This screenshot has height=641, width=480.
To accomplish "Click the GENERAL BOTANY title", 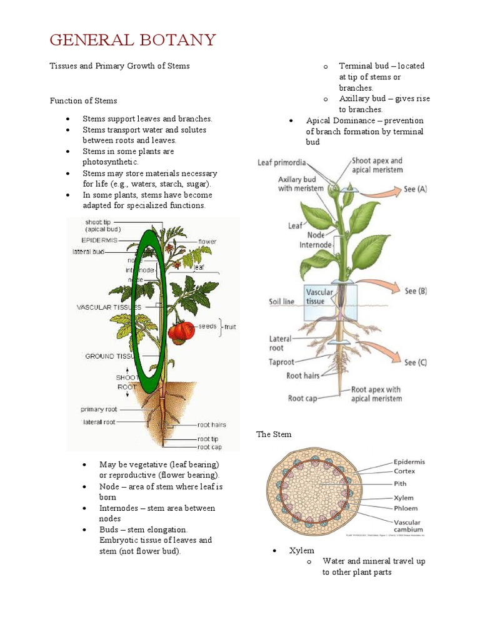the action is pos(132,41).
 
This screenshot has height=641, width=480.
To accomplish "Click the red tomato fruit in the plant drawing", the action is pos(182,332).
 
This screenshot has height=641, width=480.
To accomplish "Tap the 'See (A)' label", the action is pos(416,188).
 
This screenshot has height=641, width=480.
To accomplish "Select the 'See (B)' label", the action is pos(416,290).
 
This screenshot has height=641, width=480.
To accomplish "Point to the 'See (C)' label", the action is pos(416,362).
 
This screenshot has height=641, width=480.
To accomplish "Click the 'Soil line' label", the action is pos(281,301).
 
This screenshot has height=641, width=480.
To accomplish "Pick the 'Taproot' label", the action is pos(281,362).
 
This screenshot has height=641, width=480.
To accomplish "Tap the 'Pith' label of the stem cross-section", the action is pos(400,483).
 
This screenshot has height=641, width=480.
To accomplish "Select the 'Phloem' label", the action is pos(406,508).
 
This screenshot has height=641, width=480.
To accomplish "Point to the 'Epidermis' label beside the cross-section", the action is pos(409,462).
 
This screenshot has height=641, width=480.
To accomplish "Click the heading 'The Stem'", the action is pos(274,434).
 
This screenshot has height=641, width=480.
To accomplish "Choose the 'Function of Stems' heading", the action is pos(83,100).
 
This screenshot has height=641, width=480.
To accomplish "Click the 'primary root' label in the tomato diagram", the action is pos(99,409).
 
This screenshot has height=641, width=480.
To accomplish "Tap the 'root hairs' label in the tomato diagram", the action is pos(212,424).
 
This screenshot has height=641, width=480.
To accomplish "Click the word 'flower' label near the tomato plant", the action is pos(207,241).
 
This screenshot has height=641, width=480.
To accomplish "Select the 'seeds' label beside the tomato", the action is pos(207,326).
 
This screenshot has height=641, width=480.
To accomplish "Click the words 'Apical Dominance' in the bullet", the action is pos(341,120).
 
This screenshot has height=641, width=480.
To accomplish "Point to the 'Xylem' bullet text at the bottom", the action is pos(301,550).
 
